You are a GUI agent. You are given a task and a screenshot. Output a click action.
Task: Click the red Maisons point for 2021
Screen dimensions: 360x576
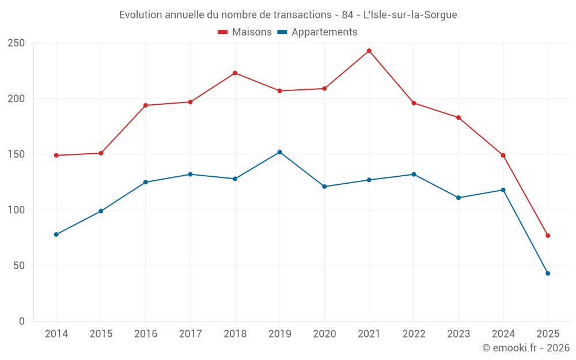[x=369, y=51]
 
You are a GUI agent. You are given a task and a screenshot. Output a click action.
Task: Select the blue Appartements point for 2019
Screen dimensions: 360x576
[x=280, y=152]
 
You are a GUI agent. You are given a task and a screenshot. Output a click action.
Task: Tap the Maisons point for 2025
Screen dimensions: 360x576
[x=548, y=236]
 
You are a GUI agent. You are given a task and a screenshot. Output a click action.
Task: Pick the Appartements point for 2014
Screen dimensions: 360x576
[x=56, y=234]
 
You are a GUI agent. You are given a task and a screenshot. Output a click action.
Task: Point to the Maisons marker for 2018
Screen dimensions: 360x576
[x=235, y=73]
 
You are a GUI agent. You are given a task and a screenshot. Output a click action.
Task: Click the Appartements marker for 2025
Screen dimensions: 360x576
[x=548, y=273]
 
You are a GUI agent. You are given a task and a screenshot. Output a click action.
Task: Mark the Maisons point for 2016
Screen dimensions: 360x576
[x=146, y=105]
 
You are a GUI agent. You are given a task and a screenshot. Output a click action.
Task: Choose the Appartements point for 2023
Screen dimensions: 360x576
[x=458, y=198]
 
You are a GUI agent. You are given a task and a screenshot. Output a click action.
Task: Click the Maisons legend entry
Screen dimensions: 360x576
[x=245, y=32]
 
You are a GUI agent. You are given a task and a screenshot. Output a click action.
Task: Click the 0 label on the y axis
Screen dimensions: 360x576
[x=22, y=321]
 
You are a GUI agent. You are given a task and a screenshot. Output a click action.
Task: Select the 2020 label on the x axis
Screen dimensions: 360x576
[x=324, y=334]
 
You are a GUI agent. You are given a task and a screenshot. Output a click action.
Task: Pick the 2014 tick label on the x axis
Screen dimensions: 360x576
[x=56, y=334]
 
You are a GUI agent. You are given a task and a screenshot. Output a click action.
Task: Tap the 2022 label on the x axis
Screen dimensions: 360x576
[x=414, y=334]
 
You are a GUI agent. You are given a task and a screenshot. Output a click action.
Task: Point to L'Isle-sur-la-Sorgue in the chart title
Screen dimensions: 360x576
[x=410, y=15]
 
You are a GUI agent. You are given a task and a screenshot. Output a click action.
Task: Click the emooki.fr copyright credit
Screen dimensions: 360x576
[x=526, y=348]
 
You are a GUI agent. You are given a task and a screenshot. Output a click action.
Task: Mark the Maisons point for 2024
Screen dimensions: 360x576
[x=503, y=156]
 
